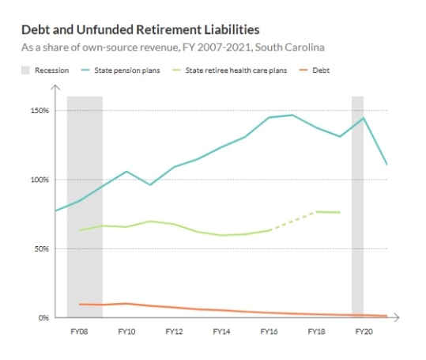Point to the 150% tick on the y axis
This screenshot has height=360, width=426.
click(x=39, y=110)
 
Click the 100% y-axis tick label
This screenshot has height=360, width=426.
click(x=39, y=180)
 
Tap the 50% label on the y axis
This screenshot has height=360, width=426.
click(x=40, y=248)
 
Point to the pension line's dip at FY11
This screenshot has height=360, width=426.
click(x=150, y=184)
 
